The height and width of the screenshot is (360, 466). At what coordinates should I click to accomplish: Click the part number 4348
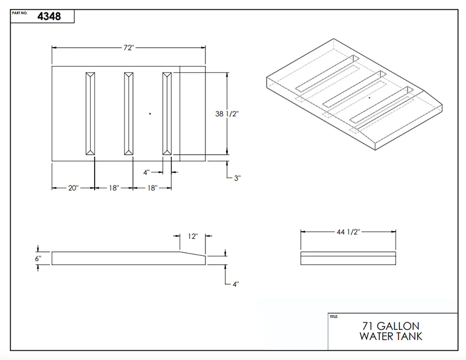click(49, 16)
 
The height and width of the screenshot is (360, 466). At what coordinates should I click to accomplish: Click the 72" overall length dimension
click(129, 48)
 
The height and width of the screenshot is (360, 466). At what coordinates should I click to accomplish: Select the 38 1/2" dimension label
click(227, 114)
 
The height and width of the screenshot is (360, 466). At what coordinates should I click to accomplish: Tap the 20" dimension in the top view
click(74, 188)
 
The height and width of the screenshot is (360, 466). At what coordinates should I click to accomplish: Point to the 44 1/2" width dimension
click(348, 232)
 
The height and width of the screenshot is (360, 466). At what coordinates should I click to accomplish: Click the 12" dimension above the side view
click(192, 236)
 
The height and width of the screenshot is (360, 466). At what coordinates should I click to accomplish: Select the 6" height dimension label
click(38, 258)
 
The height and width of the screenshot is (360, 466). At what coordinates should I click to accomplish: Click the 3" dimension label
click(237, 178)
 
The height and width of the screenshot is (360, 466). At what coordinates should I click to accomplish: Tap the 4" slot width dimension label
click(147, 172)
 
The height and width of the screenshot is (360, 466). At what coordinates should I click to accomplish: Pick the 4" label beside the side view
click(236, 284)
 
